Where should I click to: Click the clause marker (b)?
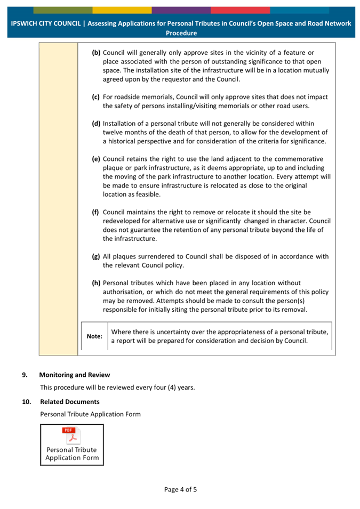point(97,53)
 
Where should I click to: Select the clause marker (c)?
point(97,97)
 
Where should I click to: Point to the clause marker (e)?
point(97,159)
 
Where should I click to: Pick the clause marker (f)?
point(97,212)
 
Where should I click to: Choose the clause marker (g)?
point(97,256)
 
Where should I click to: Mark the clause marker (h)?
point(97,282)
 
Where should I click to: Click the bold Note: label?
point(94,336)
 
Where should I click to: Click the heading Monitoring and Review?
point(75,375)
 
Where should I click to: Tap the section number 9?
point(24,375)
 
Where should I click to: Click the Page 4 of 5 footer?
point(180,489)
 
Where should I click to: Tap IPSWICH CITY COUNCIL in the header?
point(46,23)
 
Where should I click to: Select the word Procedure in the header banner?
point(181,33)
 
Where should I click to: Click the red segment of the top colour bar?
point(240,10)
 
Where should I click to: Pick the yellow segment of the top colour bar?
point(122,10)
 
